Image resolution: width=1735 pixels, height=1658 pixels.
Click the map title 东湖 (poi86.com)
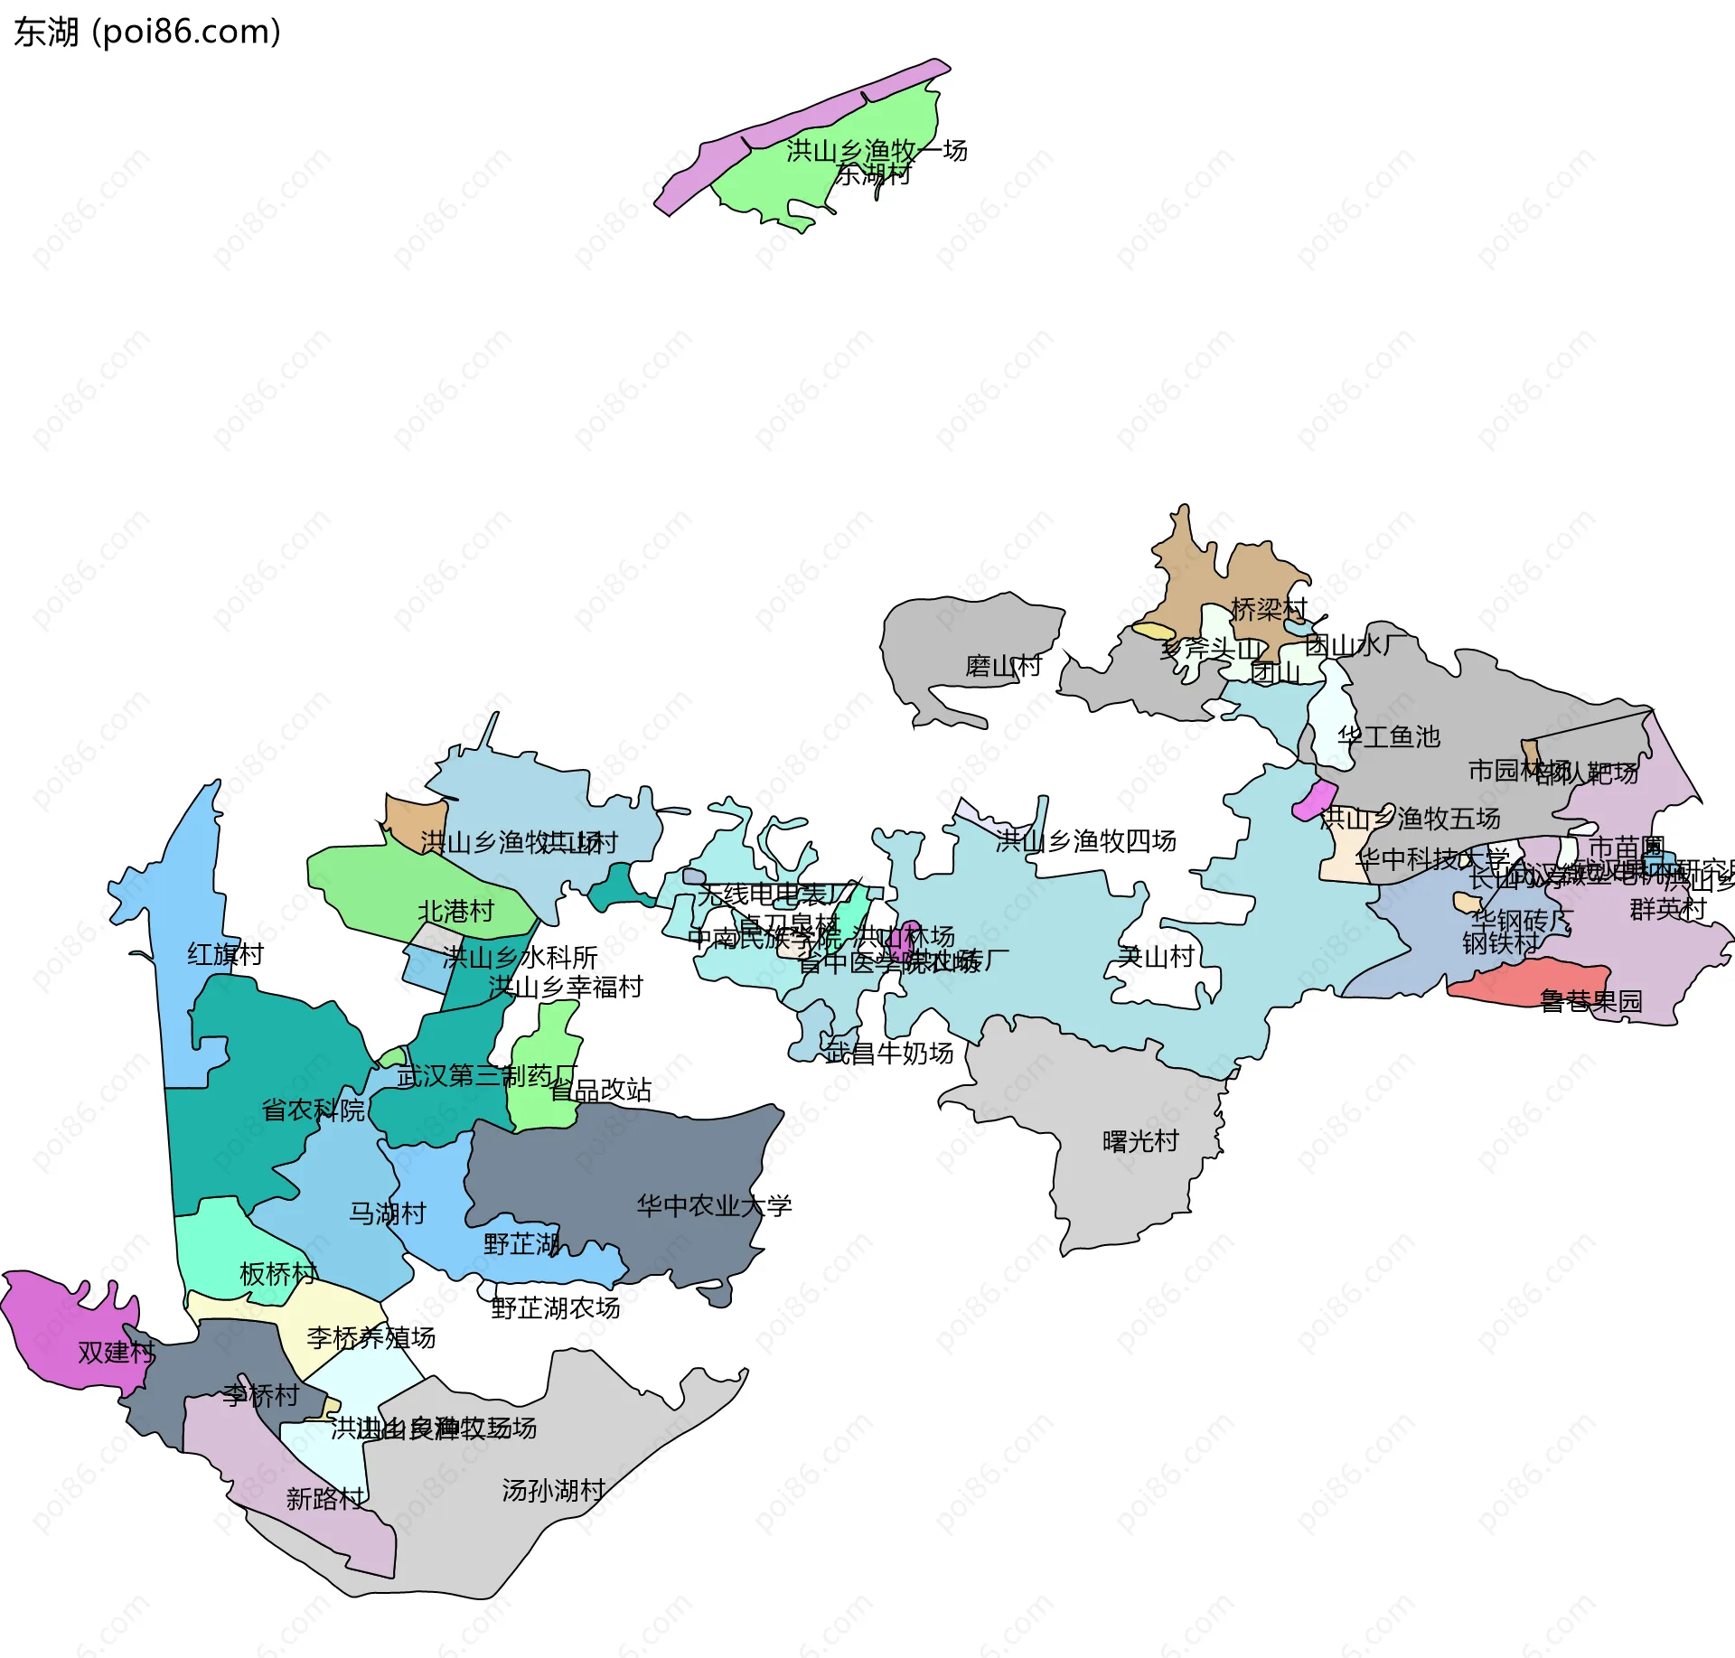click(147, 33)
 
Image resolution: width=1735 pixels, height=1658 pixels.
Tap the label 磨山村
click(1003, 667)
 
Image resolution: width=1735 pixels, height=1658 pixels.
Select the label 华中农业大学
click(714, 1205)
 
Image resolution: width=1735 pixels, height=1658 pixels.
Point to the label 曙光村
click(1140, 1142)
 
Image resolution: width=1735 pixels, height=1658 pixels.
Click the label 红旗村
click(225, 954)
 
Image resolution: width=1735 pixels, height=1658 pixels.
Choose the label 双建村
click(117, 1353)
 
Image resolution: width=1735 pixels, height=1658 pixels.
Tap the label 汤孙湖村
click(553, 1490)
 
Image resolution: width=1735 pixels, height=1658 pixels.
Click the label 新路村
click(324, 1499)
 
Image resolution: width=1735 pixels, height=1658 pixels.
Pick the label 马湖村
click(388, 1213)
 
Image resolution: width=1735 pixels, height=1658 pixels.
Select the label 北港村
click(455, 911)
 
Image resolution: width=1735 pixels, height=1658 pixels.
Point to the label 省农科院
click(313, 1110)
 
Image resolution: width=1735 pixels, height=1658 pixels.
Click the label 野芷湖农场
click(555, 1307)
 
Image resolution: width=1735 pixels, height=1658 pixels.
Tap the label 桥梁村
click(1269, 609)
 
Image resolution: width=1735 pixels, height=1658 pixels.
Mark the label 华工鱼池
click(1388, 736)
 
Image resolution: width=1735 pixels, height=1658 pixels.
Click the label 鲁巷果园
click(1590, 1000)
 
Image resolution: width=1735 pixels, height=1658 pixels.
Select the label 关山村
click(1156, 956)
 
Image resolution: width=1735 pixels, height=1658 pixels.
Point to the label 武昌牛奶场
click(889, 1053)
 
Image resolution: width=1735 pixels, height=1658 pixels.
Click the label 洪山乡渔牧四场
click(1085, 841)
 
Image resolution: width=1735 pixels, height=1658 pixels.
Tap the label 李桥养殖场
click(370, 1337)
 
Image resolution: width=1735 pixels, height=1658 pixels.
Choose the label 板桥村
click(277, 1274)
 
